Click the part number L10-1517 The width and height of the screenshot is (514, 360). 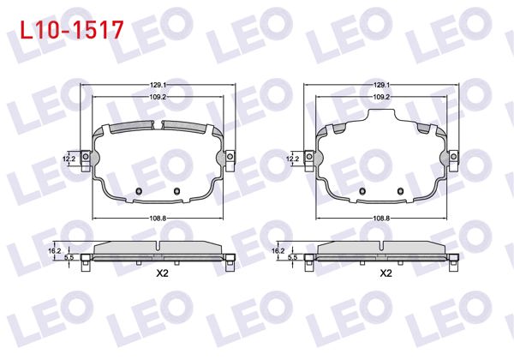[70, 29]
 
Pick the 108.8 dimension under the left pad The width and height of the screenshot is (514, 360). [158, 219]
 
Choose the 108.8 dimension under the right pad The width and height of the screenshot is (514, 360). [383, 219]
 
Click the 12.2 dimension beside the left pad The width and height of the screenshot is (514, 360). [69, 159]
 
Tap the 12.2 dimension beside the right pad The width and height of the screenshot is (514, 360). [293, 159]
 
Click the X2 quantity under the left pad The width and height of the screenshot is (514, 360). [159, 273]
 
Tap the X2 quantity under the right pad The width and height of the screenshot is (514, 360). [385, 273]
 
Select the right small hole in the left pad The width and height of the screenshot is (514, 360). [176, 190]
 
